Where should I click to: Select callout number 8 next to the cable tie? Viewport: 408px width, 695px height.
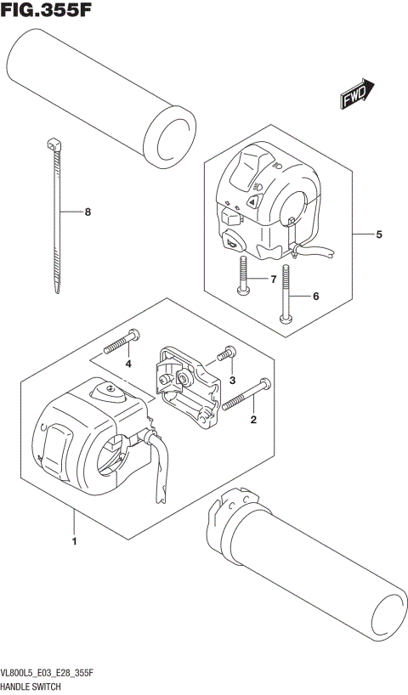pyautogui.click(x=86, y=212)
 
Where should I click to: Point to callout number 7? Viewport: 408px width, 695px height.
pyautogui.click(x=274, y=279)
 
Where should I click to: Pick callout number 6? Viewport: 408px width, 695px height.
pyautogui.click(x=315, y=297)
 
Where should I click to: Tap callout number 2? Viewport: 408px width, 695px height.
pyautogui.click(x=252, y=418)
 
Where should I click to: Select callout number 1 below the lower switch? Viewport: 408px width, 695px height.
pyautogui.click(x=75, y=541)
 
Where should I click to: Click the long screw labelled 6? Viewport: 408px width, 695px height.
pyautogui.click(x=286, y=297)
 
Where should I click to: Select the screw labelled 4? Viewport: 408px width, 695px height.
pyautogui.click(x=119, y=342)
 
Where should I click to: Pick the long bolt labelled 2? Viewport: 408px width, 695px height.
pyautogui.click(x=246, y=395)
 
